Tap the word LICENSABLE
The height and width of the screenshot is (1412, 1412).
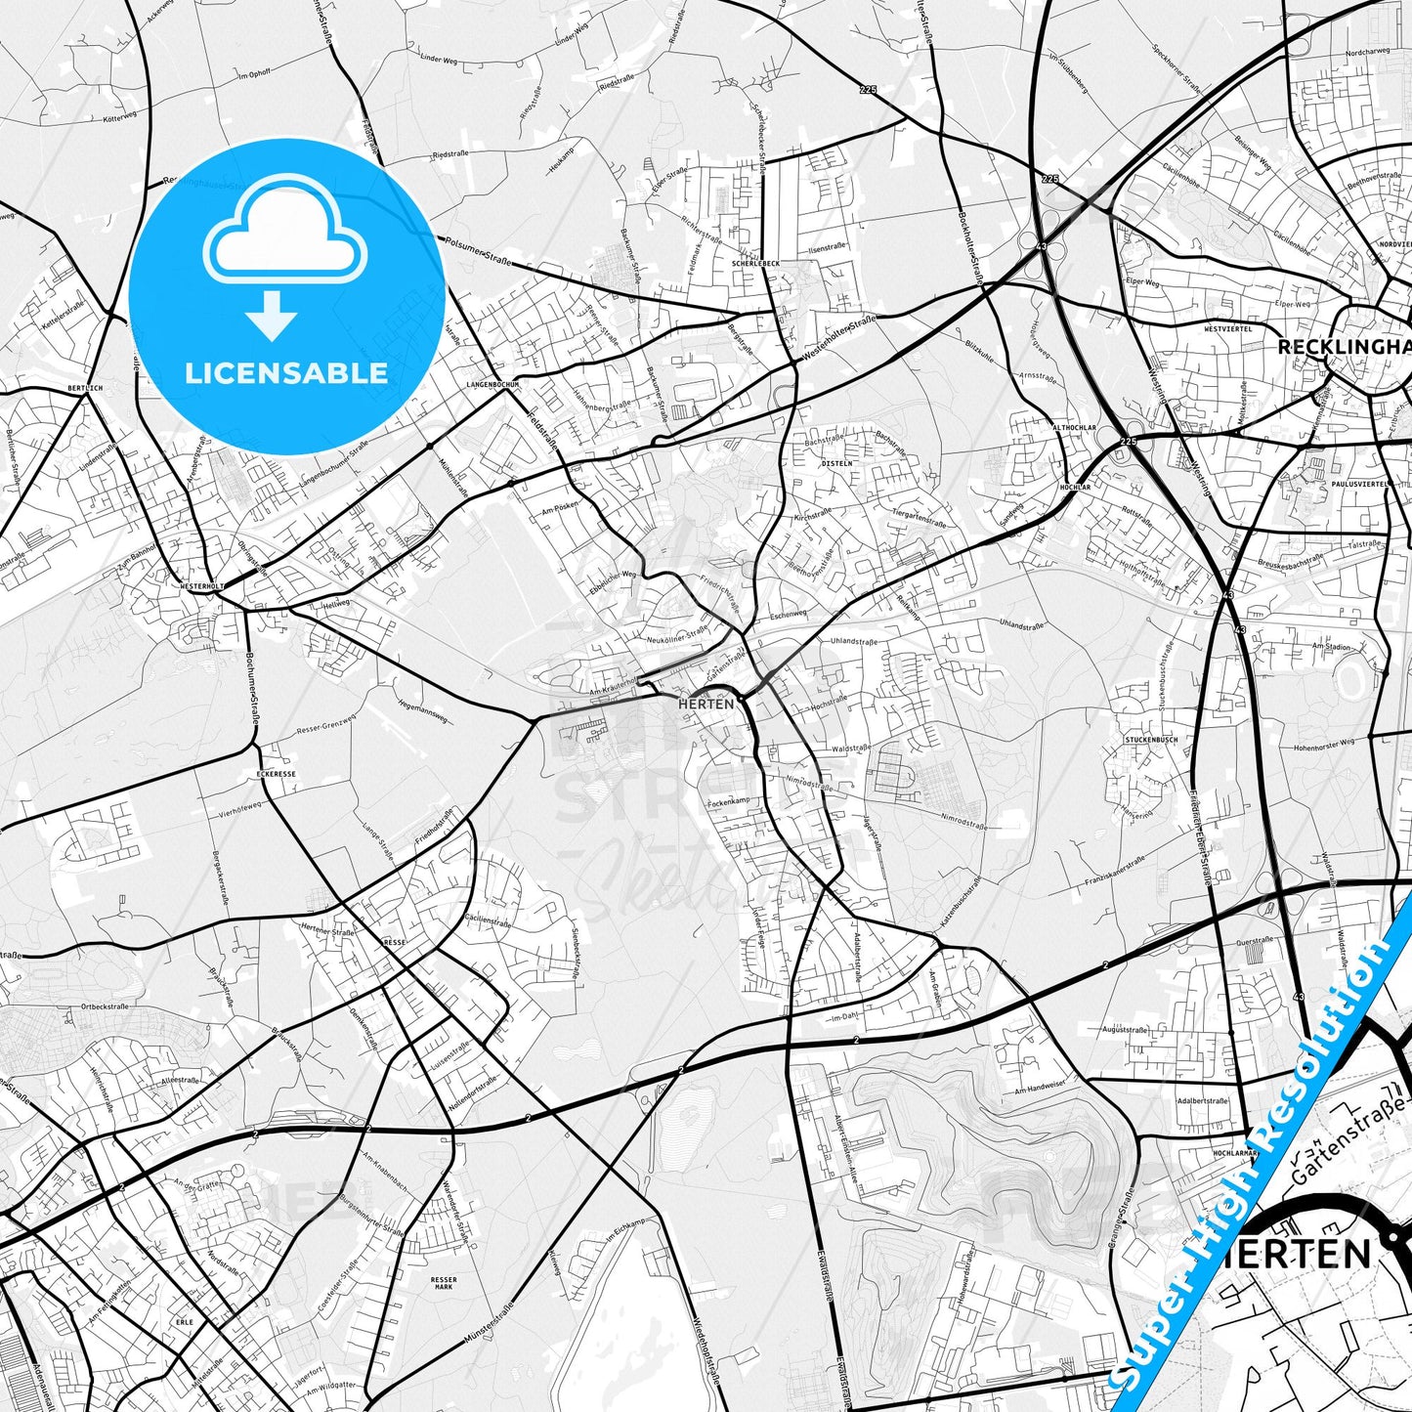click(286, 372)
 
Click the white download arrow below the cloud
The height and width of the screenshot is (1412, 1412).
click(272, 315)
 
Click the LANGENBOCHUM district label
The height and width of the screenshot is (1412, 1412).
click(492, 385)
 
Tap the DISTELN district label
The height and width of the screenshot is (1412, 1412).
click(837, 463)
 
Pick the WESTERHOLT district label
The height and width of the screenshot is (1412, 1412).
click(202, 586)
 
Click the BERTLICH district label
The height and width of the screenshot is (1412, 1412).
click(86, 388)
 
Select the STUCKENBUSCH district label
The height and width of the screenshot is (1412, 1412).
click(1151, 740)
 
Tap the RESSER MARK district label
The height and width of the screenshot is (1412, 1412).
click(443, 1283)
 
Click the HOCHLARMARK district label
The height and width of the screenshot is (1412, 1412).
click(1233, 1153)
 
